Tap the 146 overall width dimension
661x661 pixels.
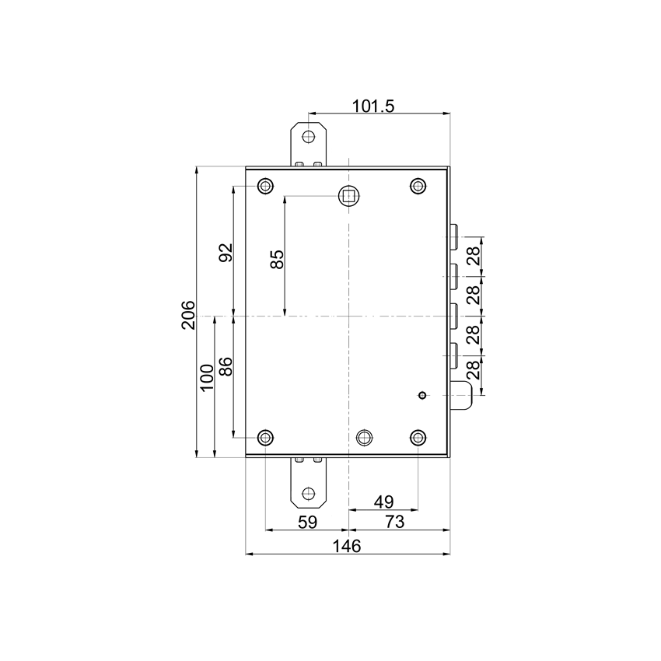point(346,546)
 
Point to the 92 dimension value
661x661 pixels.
point(226,253)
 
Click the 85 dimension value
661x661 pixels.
point(277,258)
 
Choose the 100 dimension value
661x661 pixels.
point(207,377)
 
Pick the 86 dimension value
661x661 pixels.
point(226,365)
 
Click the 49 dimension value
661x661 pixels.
point(383,502)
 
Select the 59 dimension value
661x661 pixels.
point(308,522)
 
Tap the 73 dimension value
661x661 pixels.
point(395,522)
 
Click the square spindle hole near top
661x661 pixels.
point(349,195)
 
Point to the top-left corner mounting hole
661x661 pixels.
point(266,186)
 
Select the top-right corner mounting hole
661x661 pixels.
point(418,186)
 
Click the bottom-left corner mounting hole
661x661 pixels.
point(266,437)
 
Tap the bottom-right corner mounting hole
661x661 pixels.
point(418,437)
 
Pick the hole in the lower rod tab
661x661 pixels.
point(310,493)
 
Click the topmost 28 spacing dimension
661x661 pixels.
point(471,257)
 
